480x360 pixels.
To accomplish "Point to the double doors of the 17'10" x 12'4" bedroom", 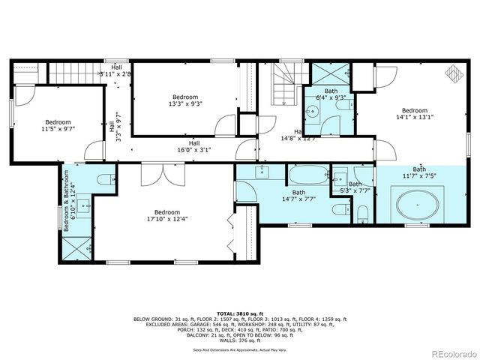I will (160, 173).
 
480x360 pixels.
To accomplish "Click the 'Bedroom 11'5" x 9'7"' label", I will (57, 125).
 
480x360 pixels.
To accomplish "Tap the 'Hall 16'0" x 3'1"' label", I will (193, 146).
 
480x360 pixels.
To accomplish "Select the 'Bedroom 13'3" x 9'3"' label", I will (185, 100).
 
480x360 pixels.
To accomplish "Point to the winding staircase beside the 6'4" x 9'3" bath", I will (286, 85).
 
